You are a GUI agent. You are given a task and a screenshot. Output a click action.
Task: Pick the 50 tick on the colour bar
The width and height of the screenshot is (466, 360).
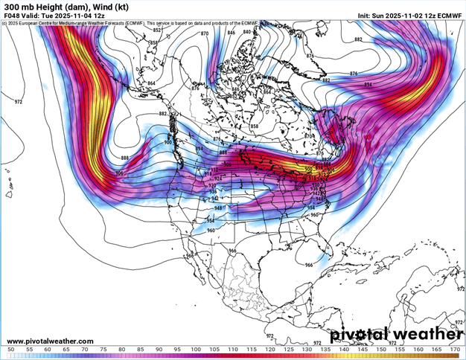point(10,349)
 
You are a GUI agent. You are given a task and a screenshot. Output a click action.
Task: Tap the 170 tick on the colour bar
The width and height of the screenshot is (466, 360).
point(455,349)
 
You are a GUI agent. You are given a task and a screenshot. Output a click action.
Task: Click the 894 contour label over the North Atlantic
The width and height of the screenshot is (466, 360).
point(368,85)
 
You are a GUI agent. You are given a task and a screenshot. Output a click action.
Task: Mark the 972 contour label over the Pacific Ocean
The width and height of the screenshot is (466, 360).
point(19,101)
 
